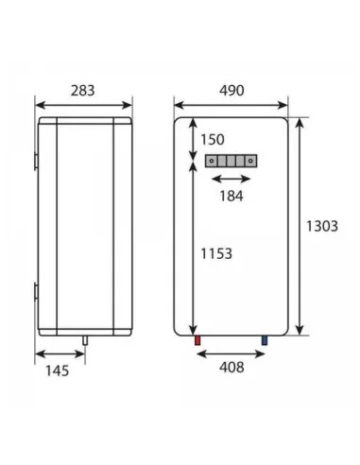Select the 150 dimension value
point(213,140)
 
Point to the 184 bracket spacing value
point(231,198)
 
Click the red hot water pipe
point(197,337)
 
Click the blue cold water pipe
point(265,337)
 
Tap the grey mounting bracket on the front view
point(231,161)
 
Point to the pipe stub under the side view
point(83,338)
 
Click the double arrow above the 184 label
point(231,179)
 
